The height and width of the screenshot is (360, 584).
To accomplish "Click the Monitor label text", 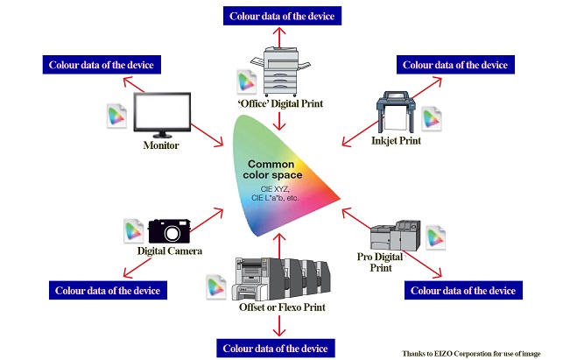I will tap(161, 145).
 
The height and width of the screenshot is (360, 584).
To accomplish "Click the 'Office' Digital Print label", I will tap(281, 104).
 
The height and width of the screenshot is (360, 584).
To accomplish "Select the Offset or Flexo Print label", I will tap(279, 309).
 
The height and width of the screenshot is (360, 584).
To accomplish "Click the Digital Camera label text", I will tap(170, 251).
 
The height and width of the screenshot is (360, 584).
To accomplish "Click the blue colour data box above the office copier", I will tap(281, 16).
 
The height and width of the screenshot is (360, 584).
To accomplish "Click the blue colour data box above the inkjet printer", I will tap(453, 64).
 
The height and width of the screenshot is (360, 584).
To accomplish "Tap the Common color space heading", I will tap(277, 170).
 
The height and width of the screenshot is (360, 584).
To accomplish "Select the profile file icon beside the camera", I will tap(133, 229).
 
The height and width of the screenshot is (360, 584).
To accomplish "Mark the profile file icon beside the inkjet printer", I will tap(431, 118).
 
